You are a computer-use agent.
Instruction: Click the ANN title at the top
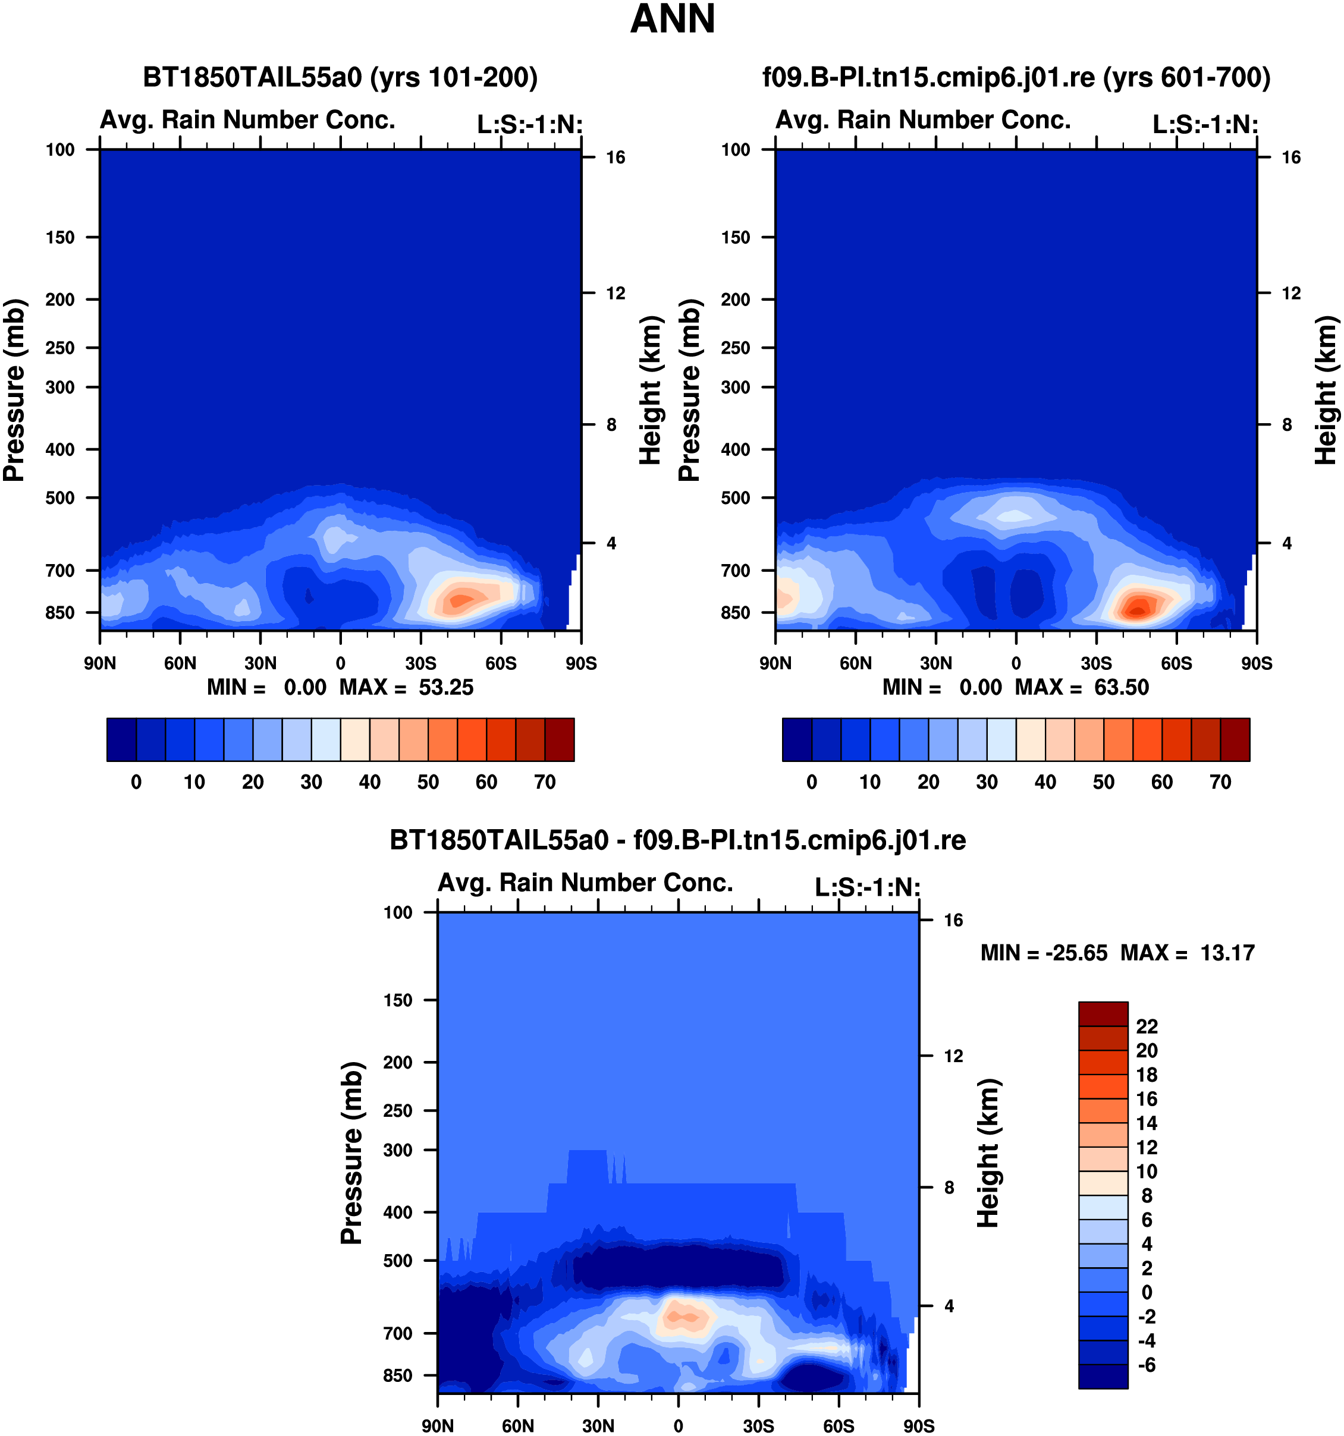pyautogui.click(x=672, y=19)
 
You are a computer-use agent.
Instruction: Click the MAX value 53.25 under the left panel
pyautogui.click(x=446, y=687)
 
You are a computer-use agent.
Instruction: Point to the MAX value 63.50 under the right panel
pyautogui.click(x=1122, y=687)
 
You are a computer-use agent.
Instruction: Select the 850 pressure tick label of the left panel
pyautogui.click(x=60, y=613)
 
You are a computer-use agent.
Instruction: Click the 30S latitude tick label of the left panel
pyautogui.click(x=420, y=663)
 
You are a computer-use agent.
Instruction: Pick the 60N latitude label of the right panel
pyautogui.click(x=856, y=663)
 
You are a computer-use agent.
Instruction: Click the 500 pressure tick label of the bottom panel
pyautogui.click(x=398, y=1261)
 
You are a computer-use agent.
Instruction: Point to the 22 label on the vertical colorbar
pyautogui.click(x=1147, y=1026)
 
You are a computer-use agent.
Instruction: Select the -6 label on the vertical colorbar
pyautogui.click(x=1147, y=1365)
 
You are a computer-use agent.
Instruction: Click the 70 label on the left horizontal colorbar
pyautogui.click(x=545, y=782)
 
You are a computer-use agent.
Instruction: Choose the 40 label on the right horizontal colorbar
pyautogui.click(x=1045, y=782)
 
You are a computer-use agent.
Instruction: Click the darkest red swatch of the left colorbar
pyautogui.click(x=560, y=739)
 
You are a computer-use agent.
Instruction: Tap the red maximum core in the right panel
pyautogui.click(x=1138, y=609)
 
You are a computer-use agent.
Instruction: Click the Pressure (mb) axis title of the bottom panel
pyautogui.click(x=351, y=1153)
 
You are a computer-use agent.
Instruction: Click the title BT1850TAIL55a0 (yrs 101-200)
pyautogui.click(x=340, y=77)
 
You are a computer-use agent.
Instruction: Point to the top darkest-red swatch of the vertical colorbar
pyautogui.click(x=1103, y=1013)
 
